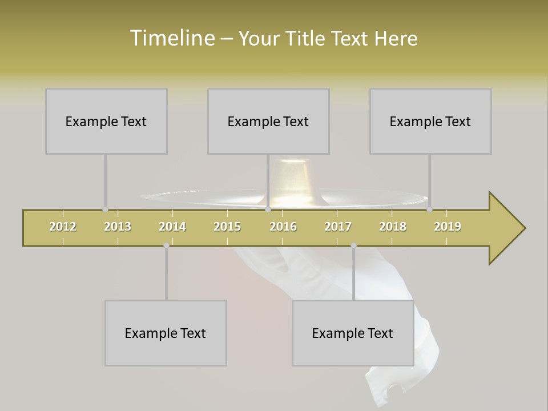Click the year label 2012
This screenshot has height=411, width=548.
coord(63,227)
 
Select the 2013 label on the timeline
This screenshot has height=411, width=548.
coord(118,227)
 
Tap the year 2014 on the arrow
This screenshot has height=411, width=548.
coord(172,227)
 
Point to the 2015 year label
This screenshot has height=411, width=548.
coord(227,227)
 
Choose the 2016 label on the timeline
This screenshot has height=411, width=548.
coord(283,227)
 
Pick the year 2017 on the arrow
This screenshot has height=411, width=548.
coord(338,227)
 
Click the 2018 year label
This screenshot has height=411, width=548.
coord(393,227)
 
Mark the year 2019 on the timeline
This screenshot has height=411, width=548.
coord(448,227)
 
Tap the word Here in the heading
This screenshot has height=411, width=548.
coord(396,38)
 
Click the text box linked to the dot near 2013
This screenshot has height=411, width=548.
coord(106,121)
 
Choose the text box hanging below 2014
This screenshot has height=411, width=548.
coord(166,333)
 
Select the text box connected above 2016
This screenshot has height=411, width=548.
coord(268,121)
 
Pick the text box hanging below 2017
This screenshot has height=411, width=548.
coord(353,333)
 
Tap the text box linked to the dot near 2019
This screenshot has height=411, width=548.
coord(430,121)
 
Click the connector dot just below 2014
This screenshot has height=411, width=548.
coord(166,245)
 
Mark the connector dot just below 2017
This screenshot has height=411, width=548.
coord(353,245)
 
